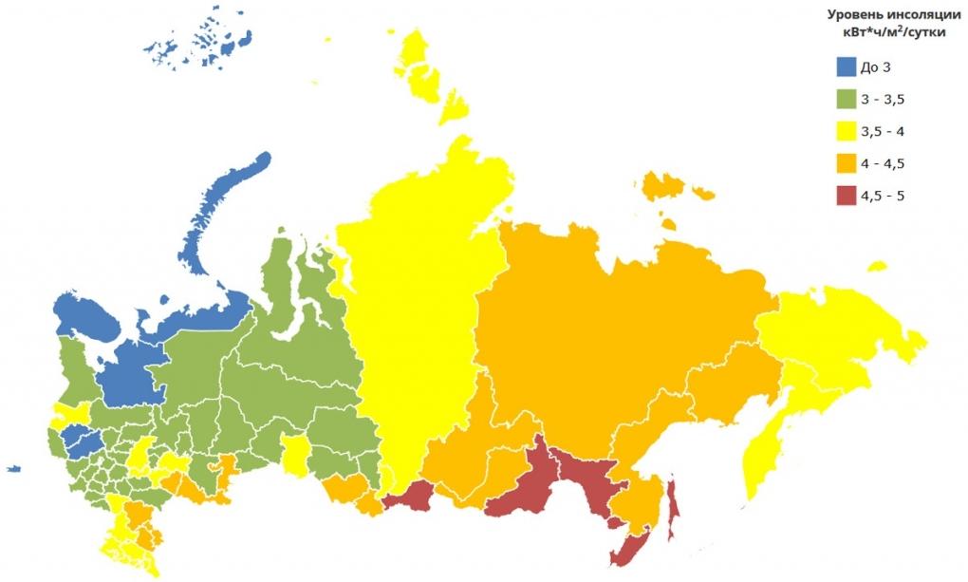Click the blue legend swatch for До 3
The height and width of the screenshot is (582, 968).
coord(847,66)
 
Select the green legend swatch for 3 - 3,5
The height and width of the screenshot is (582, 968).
coord(847,99)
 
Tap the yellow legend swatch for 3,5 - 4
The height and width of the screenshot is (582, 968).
coord(847,131)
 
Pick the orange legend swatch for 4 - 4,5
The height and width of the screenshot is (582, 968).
coord(847,163)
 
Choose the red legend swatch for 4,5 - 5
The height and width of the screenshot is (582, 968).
coord(847,196)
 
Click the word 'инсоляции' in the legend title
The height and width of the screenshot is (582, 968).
coord(916,14)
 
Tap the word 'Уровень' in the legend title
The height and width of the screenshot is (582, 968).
coord(853,14)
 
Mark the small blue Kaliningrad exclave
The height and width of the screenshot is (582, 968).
coord(12,467)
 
